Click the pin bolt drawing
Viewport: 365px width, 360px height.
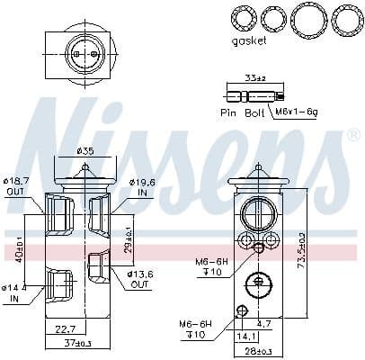(x=254, y=94)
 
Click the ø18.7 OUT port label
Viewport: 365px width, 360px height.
(x=17, y=186)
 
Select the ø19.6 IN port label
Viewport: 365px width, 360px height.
(x=143, y=187)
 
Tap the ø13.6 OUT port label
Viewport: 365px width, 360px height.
(x=140, y=279)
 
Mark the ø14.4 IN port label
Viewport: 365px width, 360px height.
(x=13, y=292)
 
